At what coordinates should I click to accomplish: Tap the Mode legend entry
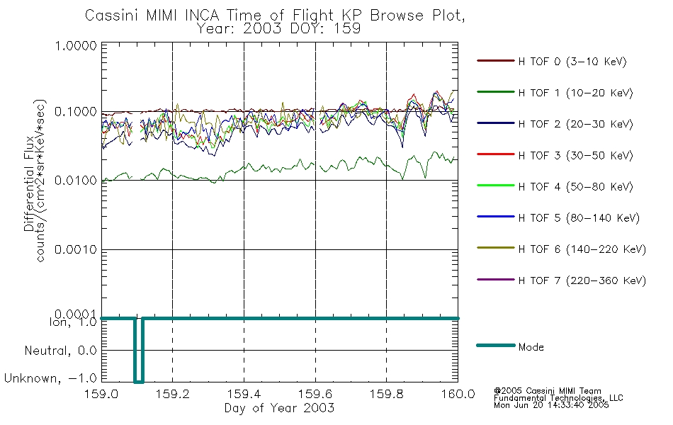click(x=531, y=347)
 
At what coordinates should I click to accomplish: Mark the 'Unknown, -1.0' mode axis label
click(x=50, y=379)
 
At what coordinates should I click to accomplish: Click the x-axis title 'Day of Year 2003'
click(x=279, y=409)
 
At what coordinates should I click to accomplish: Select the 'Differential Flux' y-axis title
click(x=29, y=181)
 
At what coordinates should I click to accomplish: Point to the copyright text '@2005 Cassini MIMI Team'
click(x=547, y=391)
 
